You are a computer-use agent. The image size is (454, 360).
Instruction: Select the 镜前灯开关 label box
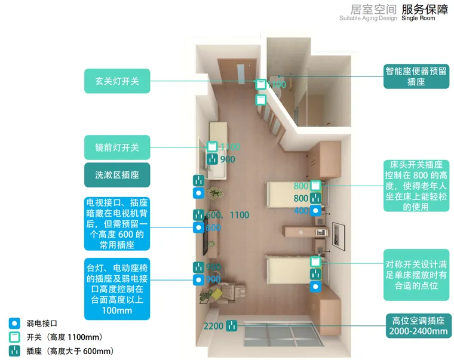click(117, 147)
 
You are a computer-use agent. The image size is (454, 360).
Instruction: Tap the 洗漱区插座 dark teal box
click(117, 175)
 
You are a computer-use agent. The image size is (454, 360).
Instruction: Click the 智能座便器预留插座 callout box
click(416, 76)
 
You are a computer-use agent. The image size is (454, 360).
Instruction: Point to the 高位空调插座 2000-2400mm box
click(418, 326)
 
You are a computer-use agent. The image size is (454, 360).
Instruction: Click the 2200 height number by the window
click(213, 327)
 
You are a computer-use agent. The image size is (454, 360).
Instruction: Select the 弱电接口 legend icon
click(14, 323)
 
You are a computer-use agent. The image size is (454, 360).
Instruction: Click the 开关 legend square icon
click(14, 337)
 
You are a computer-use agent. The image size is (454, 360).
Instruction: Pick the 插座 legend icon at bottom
click(14, 352)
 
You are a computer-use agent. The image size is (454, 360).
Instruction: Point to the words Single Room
click(418, 19)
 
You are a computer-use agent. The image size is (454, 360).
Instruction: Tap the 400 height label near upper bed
click(302, 211)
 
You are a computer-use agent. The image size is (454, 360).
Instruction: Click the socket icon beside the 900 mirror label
click(213, 159)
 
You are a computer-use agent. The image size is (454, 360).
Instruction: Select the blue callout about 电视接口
click(117, 223)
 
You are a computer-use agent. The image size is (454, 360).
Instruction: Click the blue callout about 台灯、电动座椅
click(117, 289)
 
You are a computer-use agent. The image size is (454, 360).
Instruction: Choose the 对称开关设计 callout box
click(416, 275)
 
